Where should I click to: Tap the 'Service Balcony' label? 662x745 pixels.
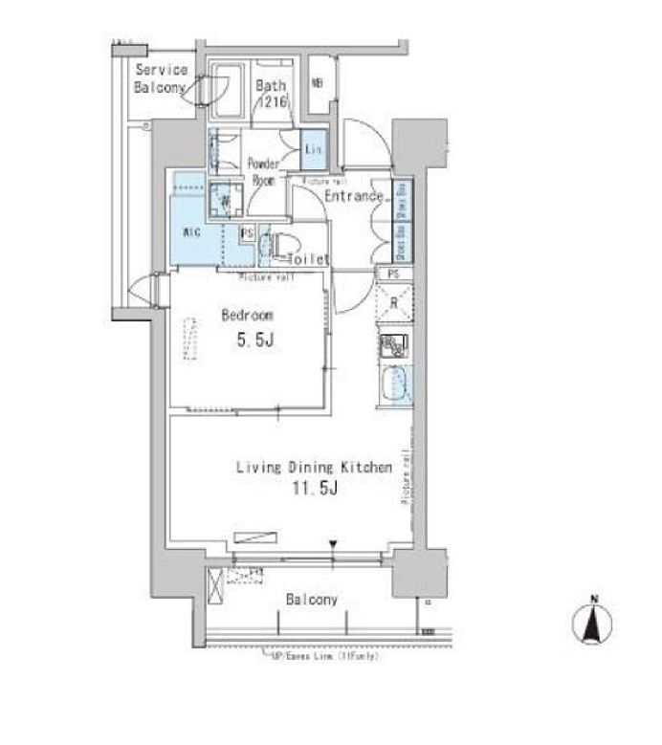pyautogui.click(x=160, y=78)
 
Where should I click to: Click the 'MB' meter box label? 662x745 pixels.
pyautogui.click(x=317, y=82)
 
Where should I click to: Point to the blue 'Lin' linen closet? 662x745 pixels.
pyautogui.click(x=313, y=148)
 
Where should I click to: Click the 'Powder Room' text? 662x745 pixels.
pyautogui.click(x=265, y=170)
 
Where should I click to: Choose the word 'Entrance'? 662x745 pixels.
pyautogui.click(x=354, y=197)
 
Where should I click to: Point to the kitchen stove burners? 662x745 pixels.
pyautogui.click(x=394, y=346)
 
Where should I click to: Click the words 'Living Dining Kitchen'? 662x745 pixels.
pyautogui.click(x=315, y=468)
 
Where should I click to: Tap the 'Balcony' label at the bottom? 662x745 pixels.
pyautogui.click(x=312, y=600)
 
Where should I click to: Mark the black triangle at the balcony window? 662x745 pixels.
pyautogui.click(x=333, y=546)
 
